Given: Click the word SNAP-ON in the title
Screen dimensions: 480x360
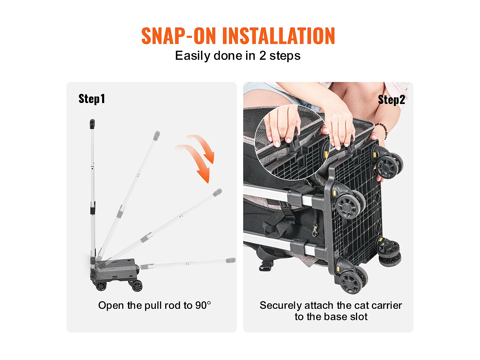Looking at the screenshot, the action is [179, 36].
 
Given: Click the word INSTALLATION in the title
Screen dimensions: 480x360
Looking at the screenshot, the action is [278, 36].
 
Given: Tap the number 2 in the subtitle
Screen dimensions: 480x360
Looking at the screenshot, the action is [262, 56].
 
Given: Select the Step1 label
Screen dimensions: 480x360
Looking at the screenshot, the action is [92, 99].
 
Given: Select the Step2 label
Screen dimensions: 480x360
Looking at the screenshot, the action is [391, 100].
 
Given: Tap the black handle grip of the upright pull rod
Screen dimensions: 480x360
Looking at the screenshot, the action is [92, 124].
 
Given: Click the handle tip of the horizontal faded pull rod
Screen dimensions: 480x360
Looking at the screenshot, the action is [231, 260].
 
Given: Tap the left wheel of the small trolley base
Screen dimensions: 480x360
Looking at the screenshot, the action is [101, 286].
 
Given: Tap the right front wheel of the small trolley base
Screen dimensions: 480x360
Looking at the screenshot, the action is [137, 286].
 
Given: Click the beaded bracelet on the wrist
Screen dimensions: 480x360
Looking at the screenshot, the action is [382, 130].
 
